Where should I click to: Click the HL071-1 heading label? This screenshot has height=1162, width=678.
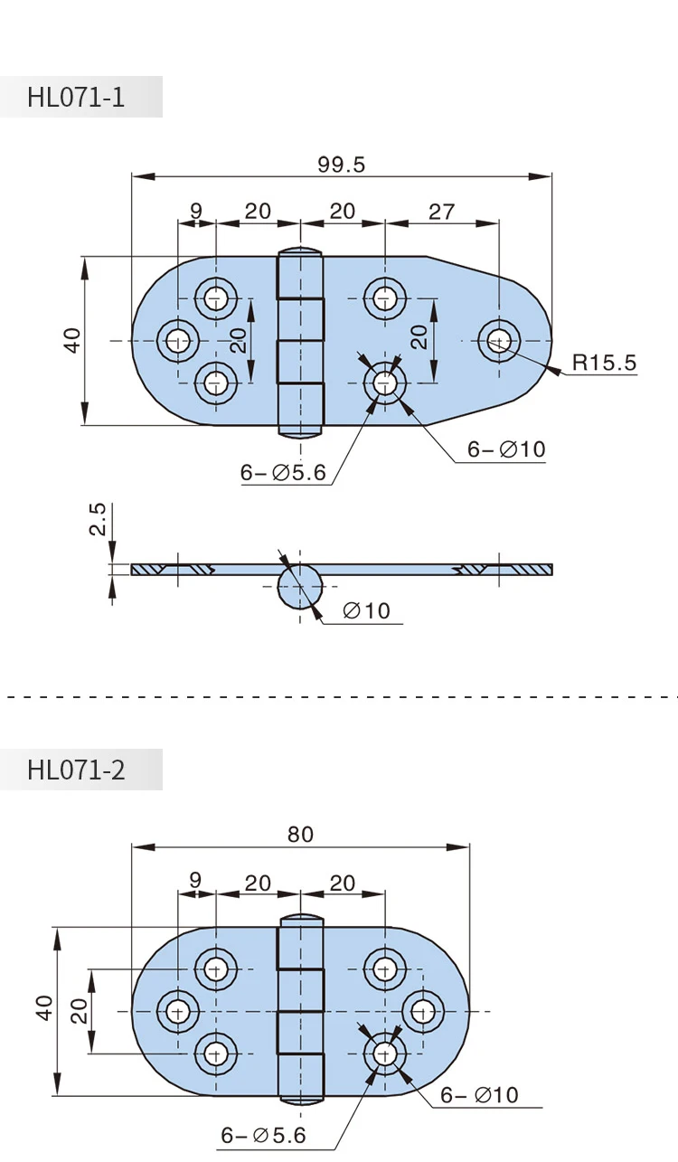[x=76, y=97]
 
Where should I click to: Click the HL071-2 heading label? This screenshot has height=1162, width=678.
[x=76, y=770]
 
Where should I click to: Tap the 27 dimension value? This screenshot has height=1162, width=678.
[x=441, y=212]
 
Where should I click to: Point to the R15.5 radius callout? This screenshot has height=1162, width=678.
[x=603, y=364]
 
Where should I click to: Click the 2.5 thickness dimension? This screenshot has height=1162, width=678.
[x=98, y=520]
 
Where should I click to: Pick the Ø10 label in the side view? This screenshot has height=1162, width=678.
[x=366, y=611]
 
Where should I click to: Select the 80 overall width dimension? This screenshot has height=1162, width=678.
[x=300, y=834]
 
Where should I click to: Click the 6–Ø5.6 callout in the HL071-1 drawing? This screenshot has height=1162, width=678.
[x=282, y=473]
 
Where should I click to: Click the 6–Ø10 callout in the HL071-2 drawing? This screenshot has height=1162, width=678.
[x=479, y=1095]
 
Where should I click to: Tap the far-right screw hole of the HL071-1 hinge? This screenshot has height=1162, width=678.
[x=500, y=340]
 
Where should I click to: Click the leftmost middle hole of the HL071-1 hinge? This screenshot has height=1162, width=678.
[x=178, y=340]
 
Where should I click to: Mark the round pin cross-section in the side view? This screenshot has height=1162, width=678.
[x=299, y=585]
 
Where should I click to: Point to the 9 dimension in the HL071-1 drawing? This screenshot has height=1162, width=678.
[x=196, y=212]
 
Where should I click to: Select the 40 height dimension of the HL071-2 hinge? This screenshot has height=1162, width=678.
[x=45, y=1008]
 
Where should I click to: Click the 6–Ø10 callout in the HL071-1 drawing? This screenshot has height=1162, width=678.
[x=506, y=449]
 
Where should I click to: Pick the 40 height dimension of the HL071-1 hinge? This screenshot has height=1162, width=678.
[x=72, y=340]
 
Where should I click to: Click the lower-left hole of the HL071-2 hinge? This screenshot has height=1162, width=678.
[x=215, y=1052]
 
